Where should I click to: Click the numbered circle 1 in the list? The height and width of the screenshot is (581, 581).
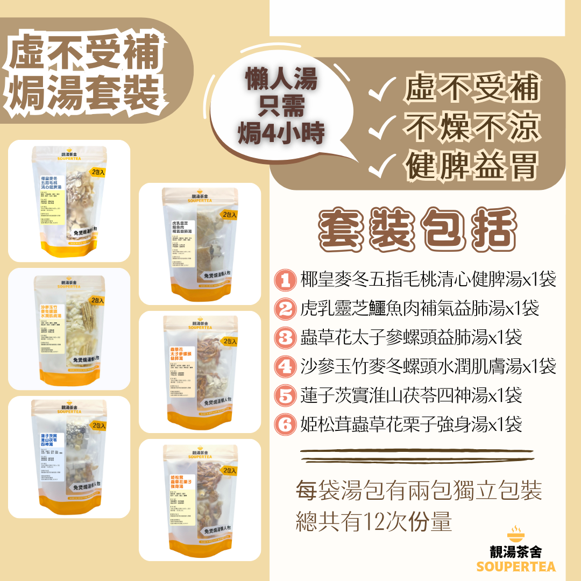(284, 280)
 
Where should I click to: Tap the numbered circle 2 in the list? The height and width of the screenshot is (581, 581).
(284, 309)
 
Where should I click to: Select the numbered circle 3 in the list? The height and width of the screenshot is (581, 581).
(284, 338)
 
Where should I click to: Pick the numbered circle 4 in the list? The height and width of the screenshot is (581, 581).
(284, 367)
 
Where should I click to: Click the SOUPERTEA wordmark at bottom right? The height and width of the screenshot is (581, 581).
(516, 566)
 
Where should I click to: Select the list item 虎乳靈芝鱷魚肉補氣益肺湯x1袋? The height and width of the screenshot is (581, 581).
(419, 309)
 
